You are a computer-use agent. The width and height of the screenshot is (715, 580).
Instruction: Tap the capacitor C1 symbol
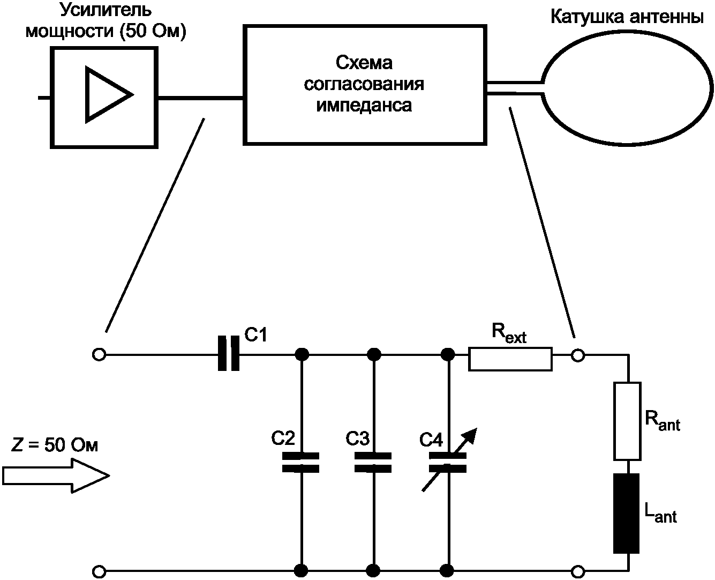(x=229, y=354)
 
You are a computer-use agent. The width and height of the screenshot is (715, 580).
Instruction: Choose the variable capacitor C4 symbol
(x=448, y=462)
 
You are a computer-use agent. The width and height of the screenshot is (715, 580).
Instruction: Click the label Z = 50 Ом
(x=55, y=445)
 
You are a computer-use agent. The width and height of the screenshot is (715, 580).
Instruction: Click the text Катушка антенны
(x=627, y=17)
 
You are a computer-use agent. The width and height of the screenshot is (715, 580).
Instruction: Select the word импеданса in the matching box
(x=364, y=106)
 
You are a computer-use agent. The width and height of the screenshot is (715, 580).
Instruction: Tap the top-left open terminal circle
(x=99, y=355)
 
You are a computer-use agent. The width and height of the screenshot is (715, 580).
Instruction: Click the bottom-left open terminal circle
(x=99, y=571)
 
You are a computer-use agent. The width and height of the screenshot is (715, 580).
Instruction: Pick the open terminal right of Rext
(x=578, y=355)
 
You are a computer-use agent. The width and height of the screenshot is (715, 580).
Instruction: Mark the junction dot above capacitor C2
(x=302, y=354)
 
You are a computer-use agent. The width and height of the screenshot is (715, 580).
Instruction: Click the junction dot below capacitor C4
(x=447, y=570)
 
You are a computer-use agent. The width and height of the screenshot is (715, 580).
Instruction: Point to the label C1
(x=255, y=335)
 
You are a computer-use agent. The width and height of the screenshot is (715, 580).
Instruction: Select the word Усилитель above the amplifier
(x=106, y=10)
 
